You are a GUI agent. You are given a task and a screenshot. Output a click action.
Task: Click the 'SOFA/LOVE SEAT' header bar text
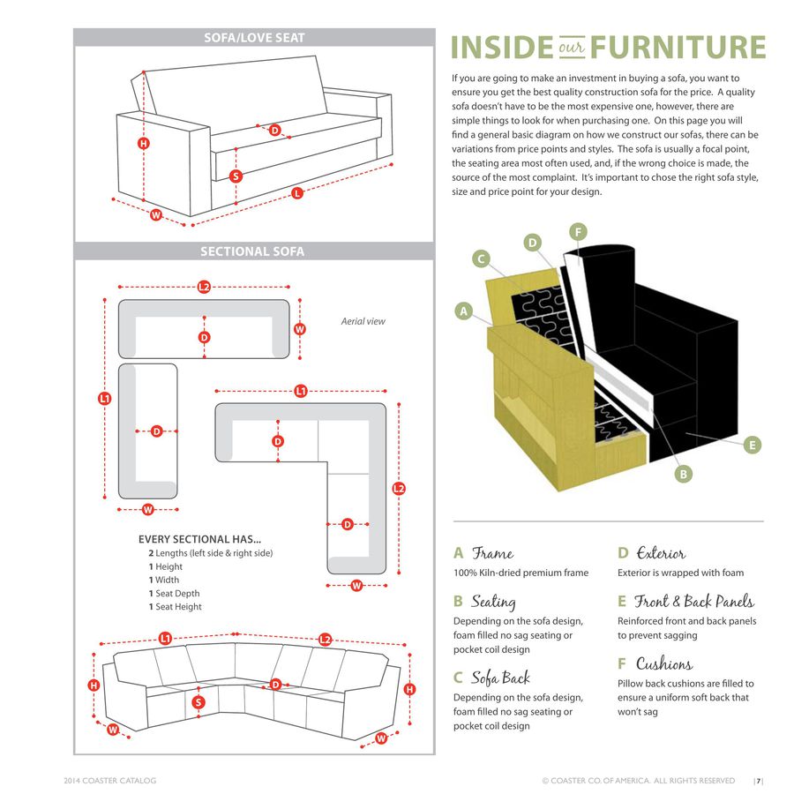point(254,37)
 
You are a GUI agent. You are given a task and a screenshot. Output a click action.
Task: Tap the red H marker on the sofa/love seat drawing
point(144,143)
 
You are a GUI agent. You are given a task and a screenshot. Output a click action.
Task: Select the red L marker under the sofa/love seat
point(297,193)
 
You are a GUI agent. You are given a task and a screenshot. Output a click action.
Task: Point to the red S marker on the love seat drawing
point(236,176)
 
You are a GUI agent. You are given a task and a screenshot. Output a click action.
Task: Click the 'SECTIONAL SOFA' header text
point(252,251)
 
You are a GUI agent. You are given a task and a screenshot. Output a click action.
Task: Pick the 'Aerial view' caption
point(363,321)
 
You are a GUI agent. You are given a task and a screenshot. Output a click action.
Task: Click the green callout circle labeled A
point(463,311)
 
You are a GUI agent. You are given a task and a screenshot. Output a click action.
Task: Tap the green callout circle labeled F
point(578,232)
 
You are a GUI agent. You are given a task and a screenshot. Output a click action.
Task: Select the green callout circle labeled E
point(752,446)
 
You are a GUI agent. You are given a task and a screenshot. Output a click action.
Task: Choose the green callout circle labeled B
point(683,475)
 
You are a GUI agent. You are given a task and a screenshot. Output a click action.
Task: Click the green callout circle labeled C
point(481,258)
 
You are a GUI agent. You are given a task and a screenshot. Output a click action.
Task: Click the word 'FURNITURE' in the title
point(678,47)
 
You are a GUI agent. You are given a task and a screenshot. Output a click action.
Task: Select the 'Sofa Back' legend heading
point(500,678)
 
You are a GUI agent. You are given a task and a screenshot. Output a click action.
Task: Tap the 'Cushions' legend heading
point(664,663)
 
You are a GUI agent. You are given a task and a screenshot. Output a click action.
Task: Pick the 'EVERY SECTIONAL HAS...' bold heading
point(199,539)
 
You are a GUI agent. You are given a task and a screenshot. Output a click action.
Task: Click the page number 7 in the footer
point(758,781)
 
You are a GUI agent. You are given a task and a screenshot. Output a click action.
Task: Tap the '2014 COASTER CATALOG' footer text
point(110,781)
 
